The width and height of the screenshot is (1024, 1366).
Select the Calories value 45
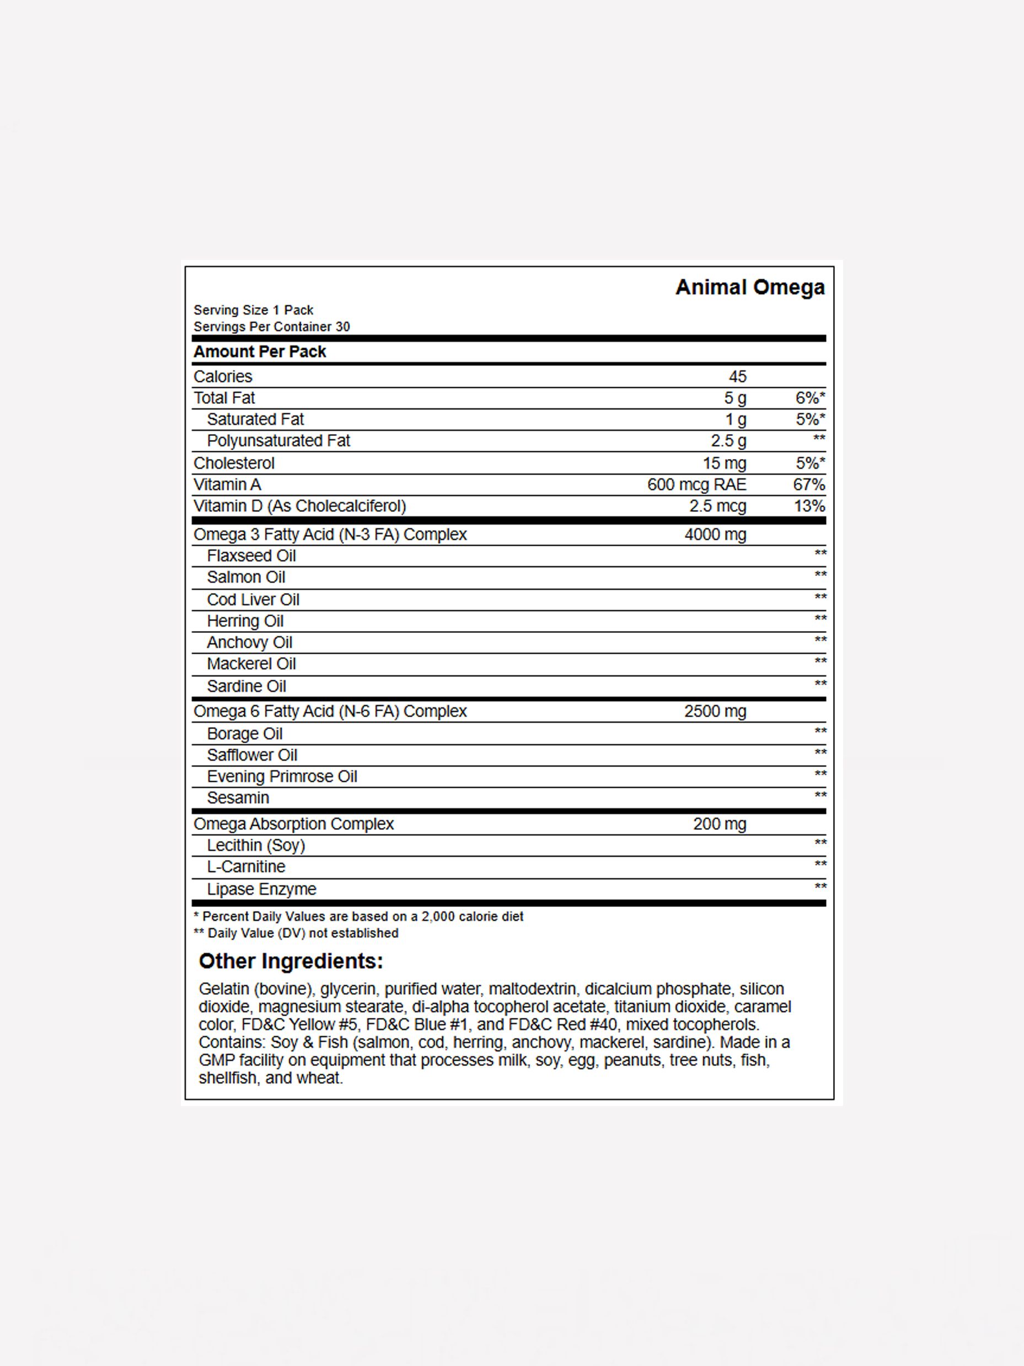737,376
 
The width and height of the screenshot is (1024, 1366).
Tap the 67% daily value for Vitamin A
808,484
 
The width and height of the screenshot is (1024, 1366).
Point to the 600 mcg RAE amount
696,484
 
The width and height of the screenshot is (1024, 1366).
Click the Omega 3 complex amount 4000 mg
715,534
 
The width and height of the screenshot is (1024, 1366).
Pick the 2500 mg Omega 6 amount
715,711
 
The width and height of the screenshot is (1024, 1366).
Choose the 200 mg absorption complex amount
719,824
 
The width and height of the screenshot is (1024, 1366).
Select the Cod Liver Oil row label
253,600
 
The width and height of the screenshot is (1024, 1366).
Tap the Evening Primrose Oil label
282,776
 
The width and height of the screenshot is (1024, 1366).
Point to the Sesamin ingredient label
238,798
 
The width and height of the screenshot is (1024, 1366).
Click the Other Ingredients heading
291,961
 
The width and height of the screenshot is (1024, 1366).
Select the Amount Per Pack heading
260,351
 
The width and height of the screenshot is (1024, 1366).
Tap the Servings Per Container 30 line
272,327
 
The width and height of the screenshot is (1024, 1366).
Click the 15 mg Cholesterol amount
724,463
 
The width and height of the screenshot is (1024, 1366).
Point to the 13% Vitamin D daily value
808,506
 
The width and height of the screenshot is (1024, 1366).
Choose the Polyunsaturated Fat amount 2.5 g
728,441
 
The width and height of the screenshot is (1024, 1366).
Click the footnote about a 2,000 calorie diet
358,916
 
